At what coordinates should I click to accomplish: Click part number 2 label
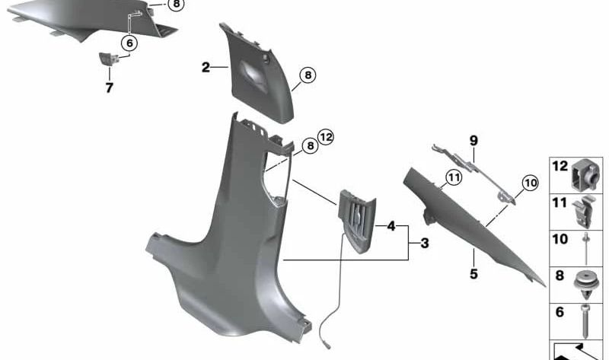pos(206,68)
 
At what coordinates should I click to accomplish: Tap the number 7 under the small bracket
pos(109,88)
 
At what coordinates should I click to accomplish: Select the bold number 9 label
pos(473,141)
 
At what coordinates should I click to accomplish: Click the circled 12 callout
pos(326,138)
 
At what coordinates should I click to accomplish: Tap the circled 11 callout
pos(454,178)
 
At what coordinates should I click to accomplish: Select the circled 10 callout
pos(530,183)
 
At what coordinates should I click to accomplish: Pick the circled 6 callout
pos(129,43)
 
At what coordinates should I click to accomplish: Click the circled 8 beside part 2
pos(307,75)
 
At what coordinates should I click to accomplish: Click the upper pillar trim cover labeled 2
pos(255,75)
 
